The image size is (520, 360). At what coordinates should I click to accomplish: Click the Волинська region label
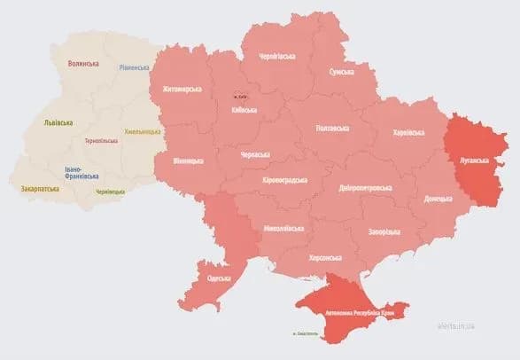[84, 64]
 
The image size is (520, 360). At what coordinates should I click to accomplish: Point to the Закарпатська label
[40, 189]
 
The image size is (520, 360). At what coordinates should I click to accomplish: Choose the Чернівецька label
[111, 191]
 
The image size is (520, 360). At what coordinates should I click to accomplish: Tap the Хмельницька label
[143, 131]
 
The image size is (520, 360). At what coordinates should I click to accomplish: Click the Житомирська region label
[182, 90]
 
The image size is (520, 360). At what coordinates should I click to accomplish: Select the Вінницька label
[187, 160]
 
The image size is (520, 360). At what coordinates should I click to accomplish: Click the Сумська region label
[342, 71]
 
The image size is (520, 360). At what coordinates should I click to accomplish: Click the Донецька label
[438, 199]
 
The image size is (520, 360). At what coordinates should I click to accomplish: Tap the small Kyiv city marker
[240, 96]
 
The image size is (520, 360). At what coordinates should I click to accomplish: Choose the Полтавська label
[332, 128]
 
